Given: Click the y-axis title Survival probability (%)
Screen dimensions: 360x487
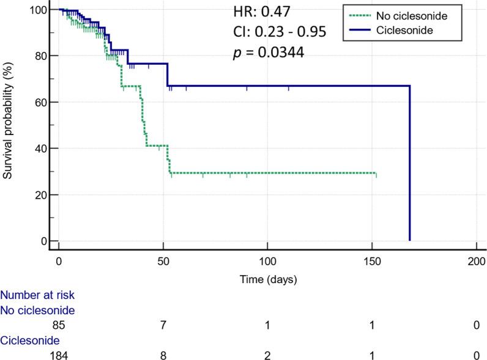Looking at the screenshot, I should (7, 122).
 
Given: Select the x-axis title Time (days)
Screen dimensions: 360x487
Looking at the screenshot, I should (269, 279).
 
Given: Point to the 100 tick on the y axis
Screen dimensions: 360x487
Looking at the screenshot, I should (39, 10).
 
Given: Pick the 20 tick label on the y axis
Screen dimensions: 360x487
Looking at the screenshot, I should (42, 195).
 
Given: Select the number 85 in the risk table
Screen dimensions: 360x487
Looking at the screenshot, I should (59, 325).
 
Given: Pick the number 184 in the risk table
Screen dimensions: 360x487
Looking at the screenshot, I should (59, 354).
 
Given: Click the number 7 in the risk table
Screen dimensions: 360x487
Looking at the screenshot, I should (163, 325).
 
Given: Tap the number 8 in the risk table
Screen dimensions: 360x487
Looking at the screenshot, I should (163, 354).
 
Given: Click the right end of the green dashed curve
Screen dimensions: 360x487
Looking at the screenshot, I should (376, 174).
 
